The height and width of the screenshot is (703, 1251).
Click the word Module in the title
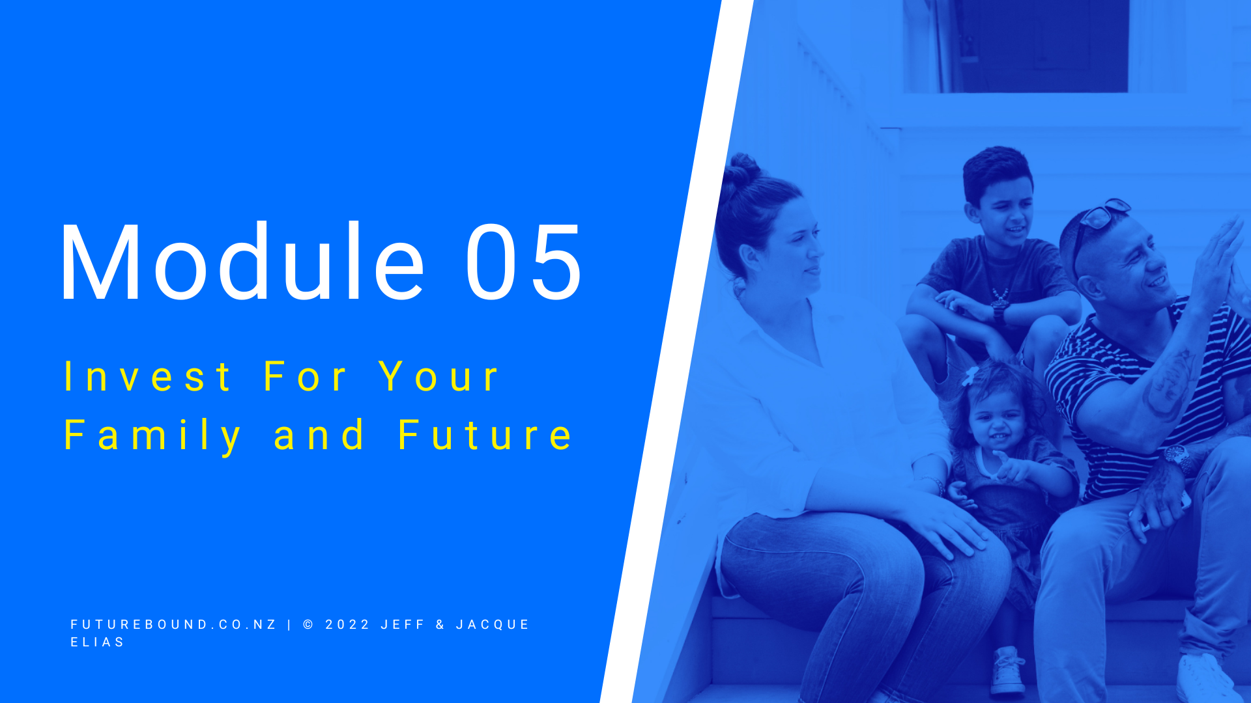[243, 261]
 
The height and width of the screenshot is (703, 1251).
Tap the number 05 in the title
[523, 262]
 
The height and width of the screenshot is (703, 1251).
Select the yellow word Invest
[147, 376]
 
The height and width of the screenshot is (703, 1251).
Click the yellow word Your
[439, 376]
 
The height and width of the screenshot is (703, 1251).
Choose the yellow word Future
[485, 435]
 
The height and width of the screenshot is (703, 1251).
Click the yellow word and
[319, 435]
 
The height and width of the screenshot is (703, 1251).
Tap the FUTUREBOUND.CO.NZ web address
[173, 624]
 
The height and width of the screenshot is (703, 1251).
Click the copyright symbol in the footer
[309, 624]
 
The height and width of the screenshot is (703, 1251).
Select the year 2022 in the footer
[348, 624]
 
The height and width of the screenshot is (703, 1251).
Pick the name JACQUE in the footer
[493, 624]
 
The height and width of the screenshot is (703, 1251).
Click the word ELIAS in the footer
[98, 642]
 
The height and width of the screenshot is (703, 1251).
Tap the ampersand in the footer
[440, 624]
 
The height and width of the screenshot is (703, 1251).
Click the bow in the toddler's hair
[970, 376]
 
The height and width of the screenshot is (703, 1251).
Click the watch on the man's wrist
[1176, 455]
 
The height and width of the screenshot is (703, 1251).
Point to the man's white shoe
[1207, 680]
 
